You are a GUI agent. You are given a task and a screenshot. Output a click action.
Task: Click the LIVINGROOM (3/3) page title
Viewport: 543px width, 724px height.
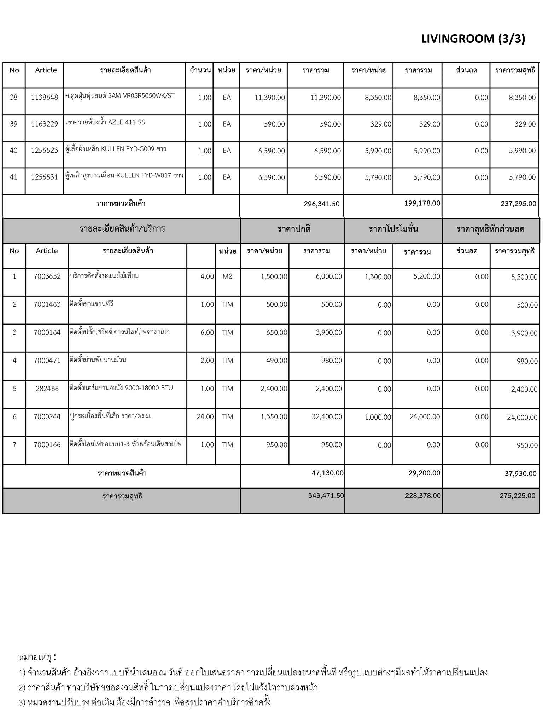(x=473, y=39)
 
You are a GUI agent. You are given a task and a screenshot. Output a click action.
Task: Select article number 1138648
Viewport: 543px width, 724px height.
(x=44, y=97)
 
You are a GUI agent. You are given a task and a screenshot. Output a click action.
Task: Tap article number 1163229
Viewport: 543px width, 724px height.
(x=44, y=124)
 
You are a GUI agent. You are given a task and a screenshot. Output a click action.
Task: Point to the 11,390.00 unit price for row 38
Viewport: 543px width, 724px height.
(x=269, y=98)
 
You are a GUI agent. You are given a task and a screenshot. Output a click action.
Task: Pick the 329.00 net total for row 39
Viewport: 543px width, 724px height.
(x=526, y=124)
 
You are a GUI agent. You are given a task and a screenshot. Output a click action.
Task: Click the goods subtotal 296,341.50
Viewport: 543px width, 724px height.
(x=321, y=204)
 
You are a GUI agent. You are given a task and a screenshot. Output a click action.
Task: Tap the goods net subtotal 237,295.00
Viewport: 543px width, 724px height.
(x=518, y=204)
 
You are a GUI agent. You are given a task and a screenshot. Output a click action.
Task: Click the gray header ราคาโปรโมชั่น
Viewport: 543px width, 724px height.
(x=393, y=229)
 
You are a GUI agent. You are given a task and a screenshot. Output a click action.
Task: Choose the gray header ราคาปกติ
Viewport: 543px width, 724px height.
(x=294, y=229)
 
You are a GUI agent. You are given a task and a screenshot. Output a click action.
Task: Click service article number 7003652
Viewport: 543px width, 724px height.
(x=47, y=276)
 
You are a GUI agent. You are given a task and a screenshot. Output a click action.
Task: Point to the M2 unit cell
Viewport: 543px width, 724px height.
(x=227, y=276)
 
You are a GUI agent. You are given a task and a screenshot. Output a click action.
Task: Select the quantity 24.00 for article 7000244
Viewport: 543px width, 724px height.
(x=205, y=417)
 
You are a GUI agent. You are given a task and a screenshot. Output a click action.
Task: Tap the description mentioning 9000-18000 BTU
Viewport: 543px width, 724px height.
(x=121, y=388)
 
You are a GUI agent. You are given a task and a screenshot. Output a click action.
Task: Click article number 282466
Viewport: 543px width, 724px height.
(x=47, y=389)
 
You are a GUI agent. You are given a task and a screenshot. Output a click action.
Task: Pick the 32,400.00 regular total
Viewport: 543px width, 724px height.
(x=327, y=417)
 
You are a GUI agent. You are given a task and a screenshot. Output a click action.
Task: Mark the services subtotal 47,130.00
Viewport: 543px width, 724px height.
(x=327, y=473)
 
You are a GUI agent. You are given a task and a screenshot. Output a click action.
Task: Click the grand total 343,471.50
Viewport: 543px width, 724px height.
(x=326, y=496)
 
